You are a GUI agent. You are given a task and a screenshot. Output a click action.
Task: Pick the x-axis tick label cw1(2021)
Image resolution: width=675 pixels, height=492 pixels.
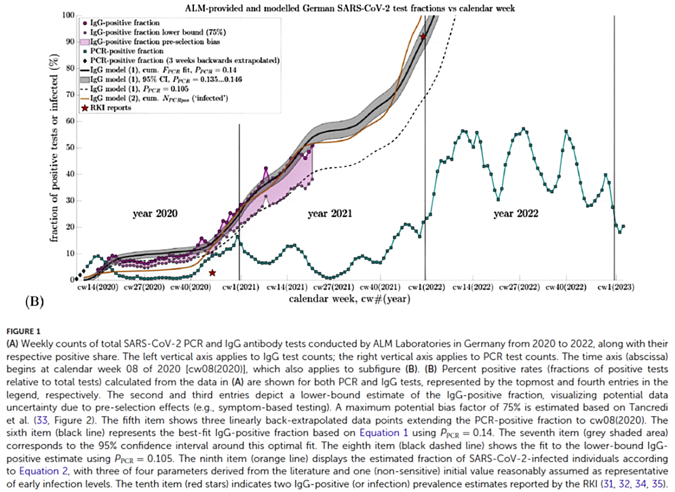[x=239, y=288]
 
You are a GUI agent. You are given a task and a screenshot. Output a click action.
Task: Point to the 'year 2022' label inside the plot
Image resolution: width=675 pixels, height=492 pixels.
[x=516, y=213]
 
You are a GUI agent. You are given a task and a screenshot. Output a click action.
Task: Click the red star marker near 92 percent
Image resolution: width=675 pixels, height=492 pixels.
[x=423, y=37]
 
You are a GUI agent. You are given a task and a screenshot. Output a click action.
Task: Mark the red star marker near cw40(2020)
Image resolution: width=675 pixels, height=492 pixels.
[x=212, y=272]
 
